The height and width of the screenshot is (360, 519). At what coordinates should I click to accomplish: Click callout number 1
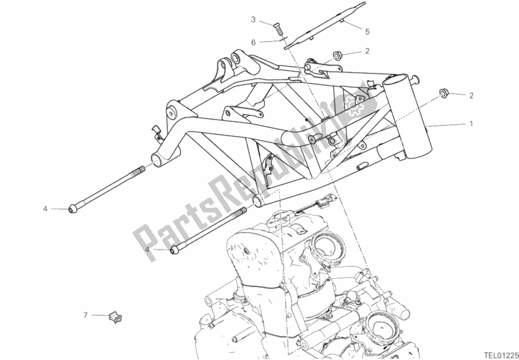472,123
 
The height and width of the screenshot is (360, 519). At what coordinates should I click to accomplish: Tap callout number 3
255,19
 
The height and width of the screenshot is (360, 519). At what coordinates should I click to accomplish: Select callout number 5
367,31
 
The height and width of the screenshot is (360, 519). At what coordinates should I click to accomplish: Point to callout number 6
255,42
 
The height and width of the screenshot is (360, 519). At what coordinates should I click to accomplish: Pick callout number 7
85,315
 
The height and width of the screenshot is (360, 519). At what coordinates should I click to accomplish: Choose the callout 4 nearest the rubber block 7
147,249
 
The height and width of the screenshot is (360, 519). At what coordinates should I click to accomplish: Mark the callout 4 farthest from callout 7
45,209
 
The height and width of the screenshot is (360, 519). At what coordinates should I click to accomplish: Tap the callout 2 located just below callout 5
367,51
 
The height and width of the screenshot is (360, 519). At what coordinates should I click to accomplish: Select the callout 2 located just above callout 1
472,96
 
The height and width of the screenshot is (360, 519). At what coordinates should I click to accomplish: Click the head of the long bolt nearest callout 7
174,250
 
